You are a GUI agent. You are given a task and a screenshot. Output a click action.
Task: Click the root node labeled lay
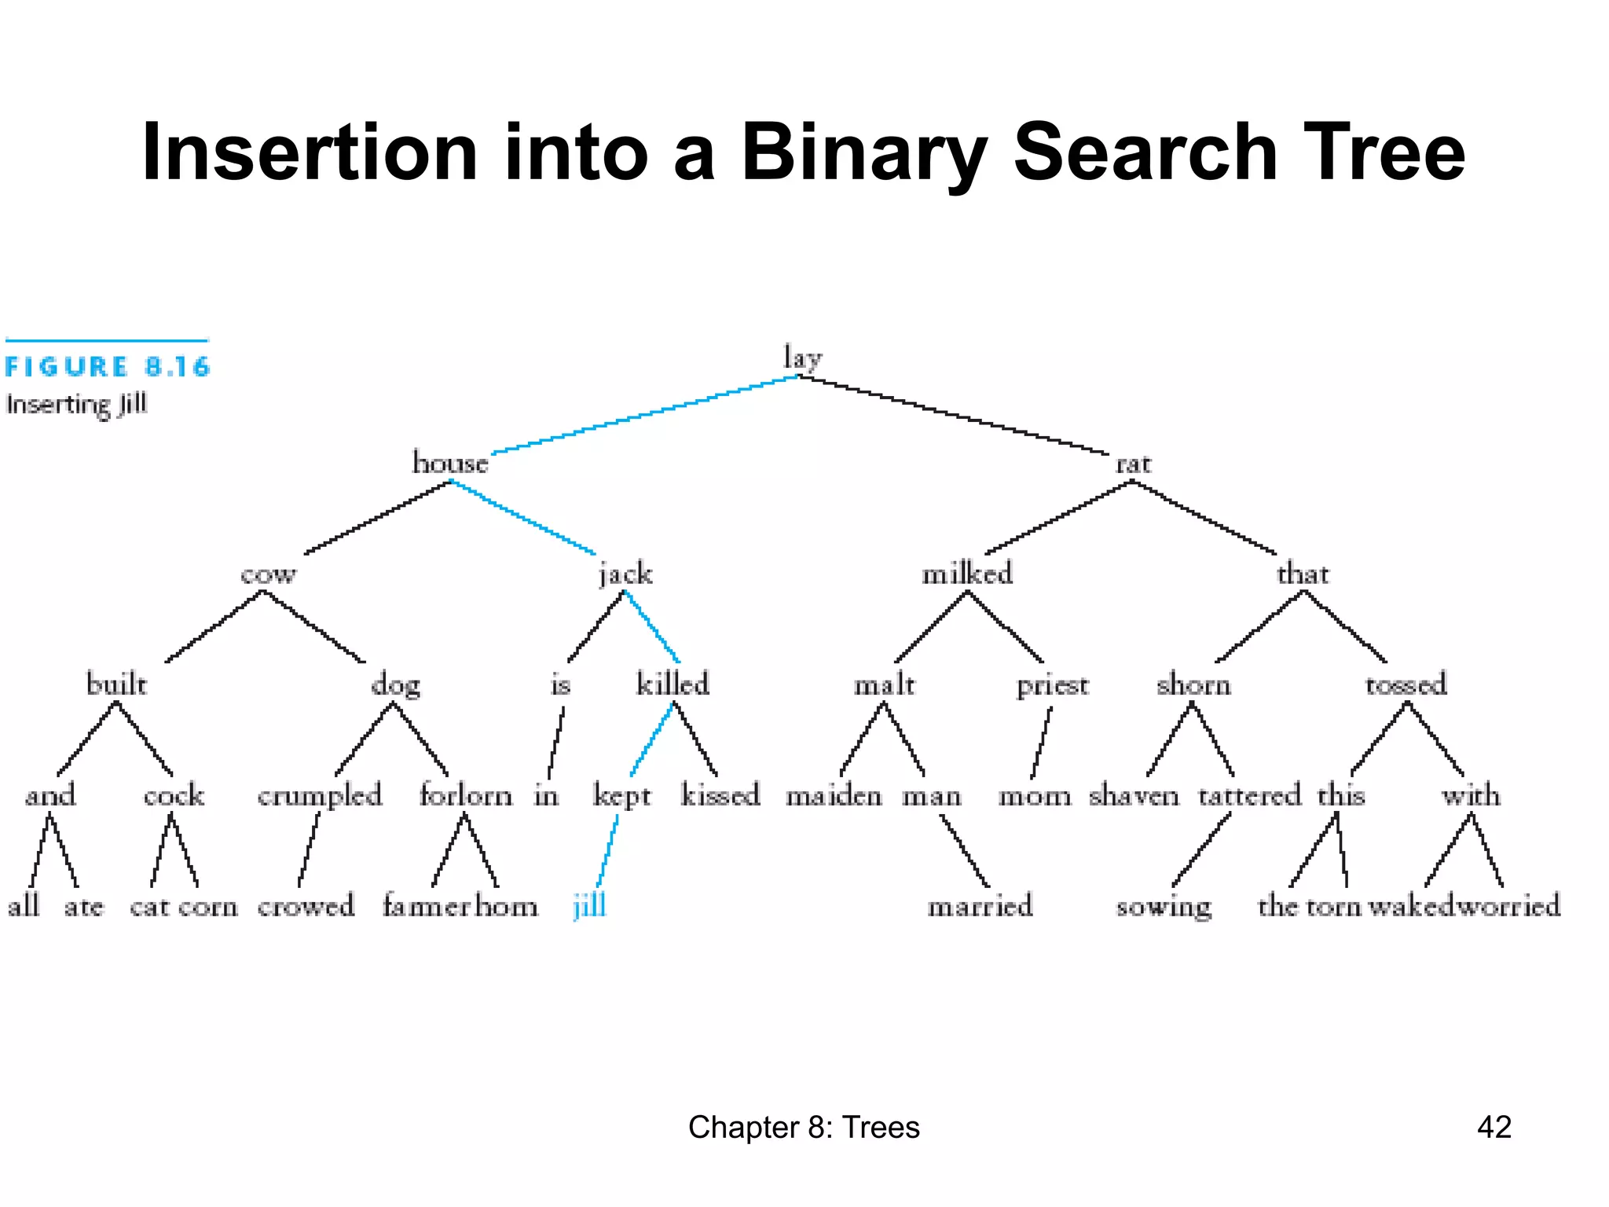click(x=802, y=358)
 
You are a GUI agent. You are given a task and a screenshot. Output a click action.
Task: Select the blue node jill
click(x=590, y=906)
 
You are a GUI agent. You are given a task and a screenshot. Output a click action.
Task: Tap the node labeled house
click(x=450, y=463)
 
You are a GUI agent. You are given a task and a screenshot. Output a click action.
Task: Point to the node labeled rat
click(x=1133, y=464)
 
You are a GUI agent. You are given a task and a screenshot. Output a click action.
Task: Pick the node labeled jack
click(x=625, y=574)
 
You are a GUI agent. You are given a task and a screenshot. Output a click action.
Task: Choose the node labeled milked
click(x=967, y=574)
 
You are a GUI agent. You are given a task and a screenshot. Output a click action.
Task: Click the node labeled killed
click(x=673, y=684)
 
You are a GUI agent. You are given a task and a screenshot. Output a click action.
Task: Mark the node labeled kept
click(x=622, y=795)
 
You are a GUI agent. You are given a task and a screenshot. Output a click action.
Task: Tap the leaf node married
click(x=980, y=906)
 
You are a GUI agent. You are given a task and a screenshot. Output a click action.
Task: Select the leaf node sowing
click(x=1164, y=907)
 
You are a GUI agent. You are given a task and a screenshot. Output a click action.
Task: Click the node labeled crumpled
click(x=320, y=795)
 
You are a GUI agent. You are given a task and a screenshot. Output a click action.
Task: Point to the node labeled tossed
click(x=1406, y=684)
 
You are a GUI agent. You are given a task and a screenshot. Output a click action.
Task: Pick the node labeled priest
click(x=1053, y=685)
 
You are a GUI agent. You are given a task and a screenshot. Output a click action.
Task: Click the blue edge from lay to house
click(x=644, y=415)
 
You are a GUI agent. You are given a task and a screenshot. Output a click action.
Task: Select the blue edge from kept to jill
click(x=607, y=851)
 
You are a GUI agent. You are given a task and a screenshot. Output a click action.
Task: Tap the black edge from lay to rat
click(x=955, y=415)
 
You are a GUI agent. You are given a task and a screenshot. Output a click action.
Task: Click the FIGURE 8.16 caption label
click(x=108, y=366)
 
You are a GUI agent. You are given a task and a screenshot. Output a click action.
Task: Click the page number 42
click(x=1494, y=1127)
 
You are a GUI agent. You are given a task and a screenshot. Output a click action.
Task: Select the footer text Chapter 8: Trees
click(x=804, y=1127)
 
